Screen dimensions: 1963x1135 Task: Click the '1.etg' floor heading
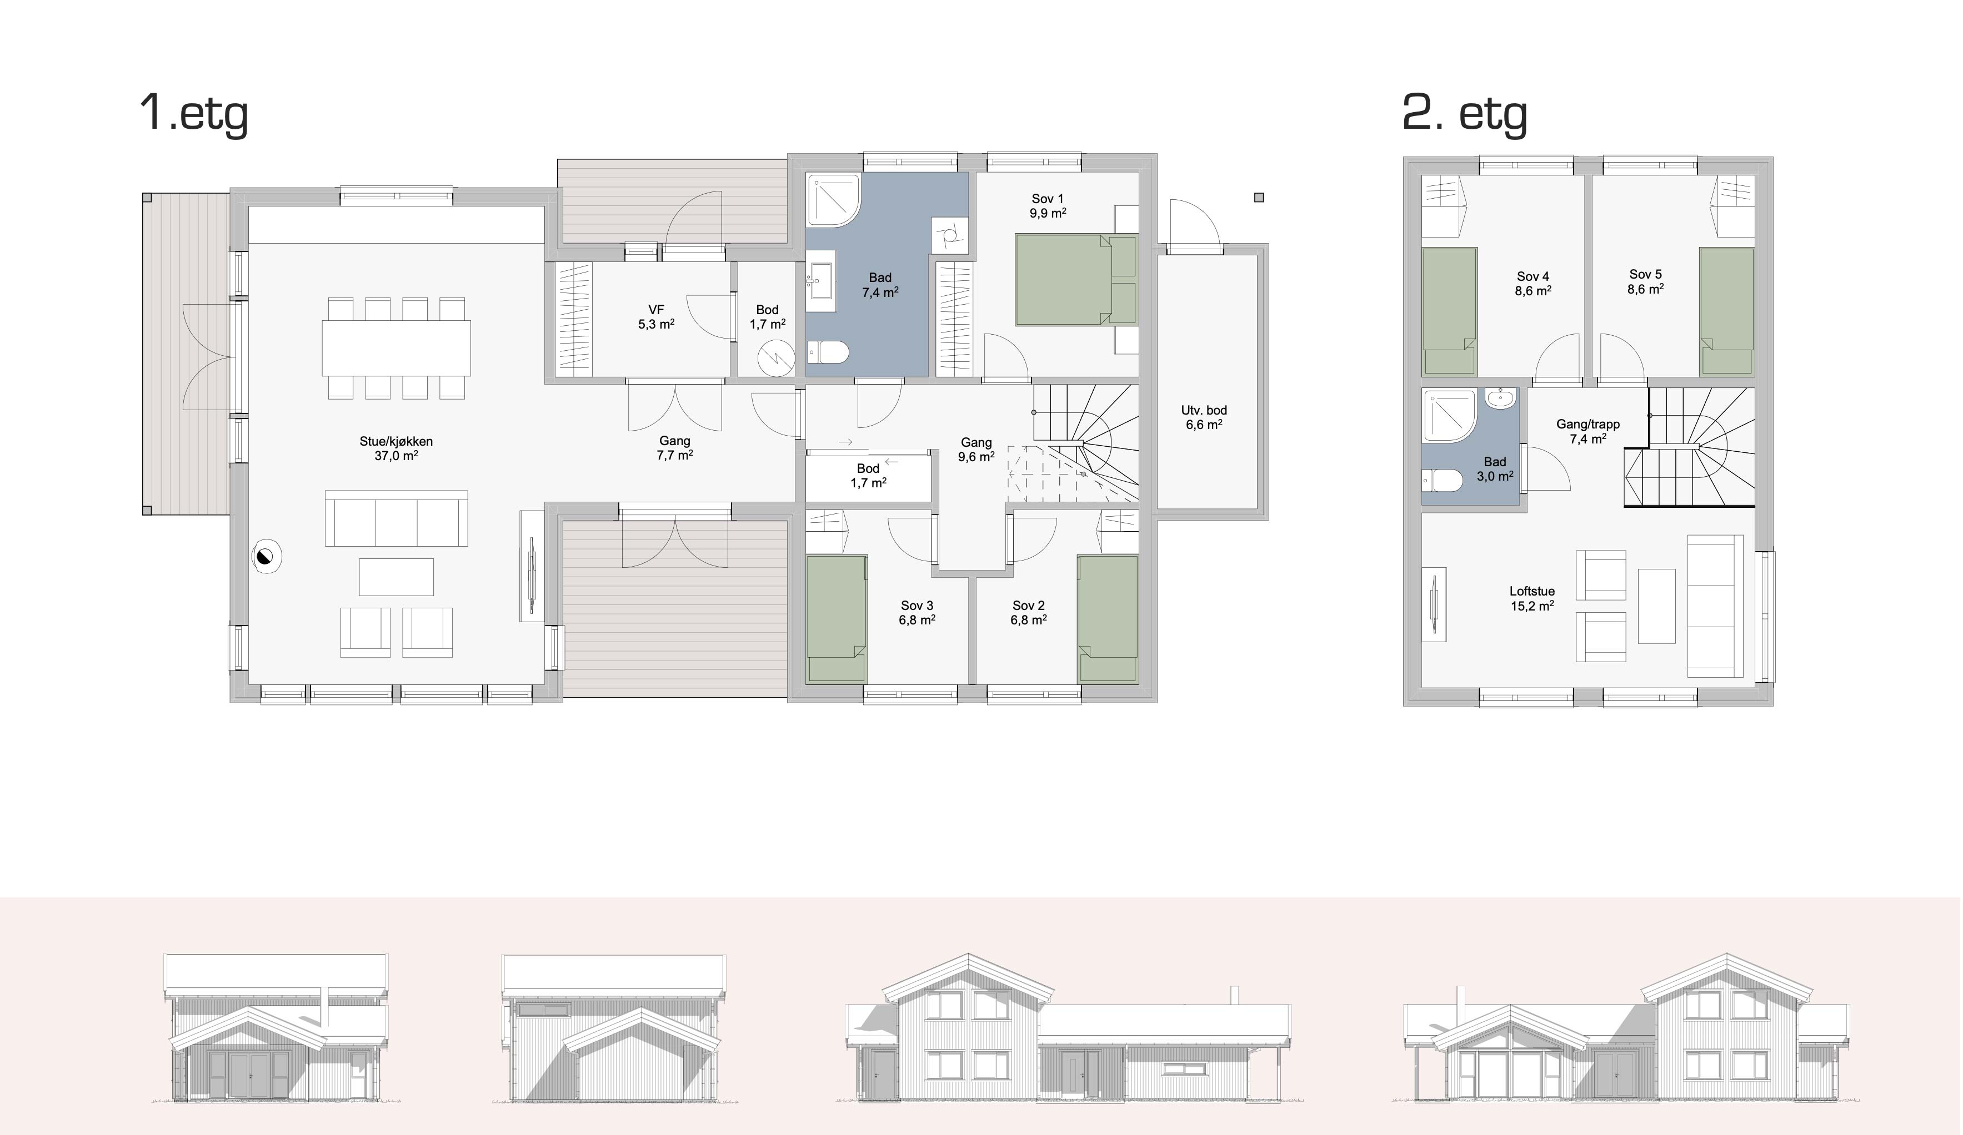coord(194,114)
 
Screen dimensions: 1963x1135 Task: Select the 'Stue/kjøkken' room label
coord(395,441)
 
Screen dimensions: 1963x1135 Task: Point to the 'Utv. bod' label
coord(1204,410)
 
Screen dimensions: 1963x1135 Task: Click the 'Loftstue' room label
coord(1532,592)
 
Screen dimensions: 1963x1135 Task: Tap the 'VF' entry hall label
coord(656,310)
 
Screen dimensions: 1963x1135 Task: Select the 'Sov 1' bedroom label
coord(1048,199)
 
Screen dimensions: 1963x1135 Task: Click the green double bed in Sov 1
coord(1076,280)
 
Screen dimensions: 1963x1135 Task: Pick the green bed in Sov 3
coord(837,619)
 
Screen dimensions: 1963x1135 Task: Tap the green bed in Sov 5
coord(1726,311)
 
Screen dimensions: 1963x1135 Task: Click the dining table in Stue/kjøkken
coord(397,348)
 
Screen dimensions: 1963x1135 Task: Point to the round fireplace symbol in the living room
coord(267,557)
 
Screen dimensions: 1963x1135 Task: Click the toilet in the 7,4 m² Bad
coord(827,352)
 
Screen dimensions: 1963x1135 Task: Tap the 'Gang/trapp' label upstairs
coord(1588,424)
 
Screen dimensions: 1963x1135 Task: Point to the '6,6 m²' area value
coord(1204,425)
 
